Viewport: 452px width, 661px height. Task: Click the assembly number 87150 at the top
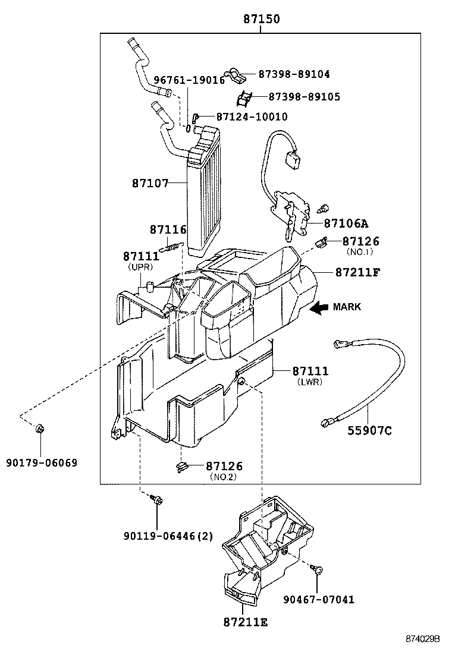tap(261, 19)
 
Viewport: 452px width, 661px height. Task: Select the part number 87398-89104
tap(294, 74)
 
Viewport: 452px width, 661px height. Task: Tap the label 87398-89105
tap(305, 96)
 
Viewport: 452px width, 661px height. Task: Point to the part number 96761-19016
tap(189, 80)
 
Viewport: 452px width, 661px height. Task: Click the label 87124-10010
tap(252, 117)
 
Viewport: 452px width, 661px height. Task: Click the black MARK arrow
tap(319, 307)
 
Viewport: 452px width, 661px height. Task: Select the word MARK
tap(347, 307)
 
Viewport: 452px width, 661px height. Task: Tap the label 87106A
tap(346, 224)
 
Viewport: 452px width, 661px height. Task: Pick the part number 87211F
tap(357, 272)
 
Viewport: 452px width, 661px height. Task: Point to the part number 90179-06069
tap(42, 462)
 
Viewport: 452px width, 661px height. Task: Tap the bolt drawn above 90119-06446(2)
tap(156, 500)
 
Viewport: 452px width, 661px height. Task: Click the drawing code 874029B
tap(422, 639)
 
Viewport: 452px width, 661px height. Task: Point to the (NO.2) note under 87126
tap(224, 477)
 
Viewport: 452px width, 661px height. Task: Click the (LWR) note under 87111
tap(309, 382)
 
